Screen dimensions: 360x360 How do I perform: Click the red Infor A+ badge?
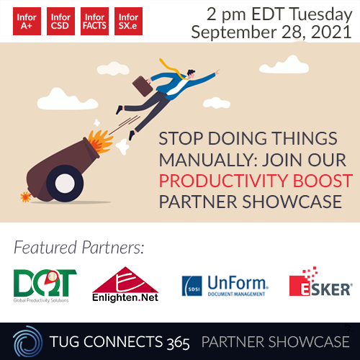(x=27, y=21)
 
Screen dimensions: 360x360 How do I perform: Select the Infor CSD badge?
(x=60, y=21)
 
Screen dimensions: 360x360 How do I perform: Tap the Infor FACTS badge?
(x=94, y=21)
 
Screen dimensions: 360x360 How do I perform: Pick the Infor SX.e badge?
(x=128, y=21)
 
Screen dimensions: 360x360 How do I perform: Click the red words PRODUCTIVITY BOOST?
(x=256, y=180)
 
